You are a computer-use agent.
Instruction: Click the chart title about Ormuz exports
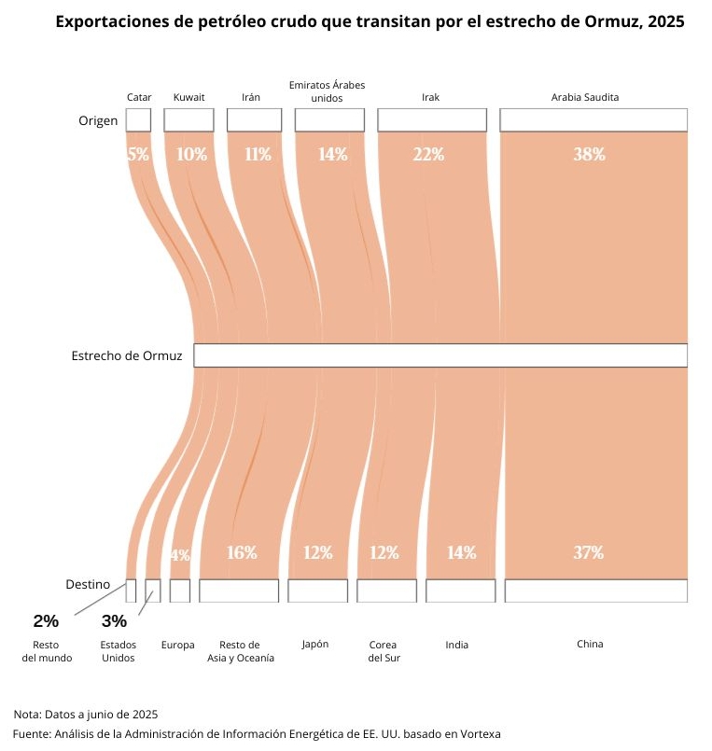[370, 21]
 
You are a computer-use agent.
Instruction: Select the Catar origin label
[139, 97]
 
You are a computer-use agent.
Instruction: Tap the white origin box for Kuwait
[188, 119]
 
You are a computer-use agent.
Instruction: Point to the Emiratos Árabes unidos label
[327, 90]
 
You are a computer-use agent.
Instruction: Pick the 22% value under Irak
[428, 155]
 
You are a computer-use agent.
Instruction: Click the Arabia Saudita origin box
[593, 119]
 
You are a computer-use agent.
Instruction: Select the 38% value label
[589, 155]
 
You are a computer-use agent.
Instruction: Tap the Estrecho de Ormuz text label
[126, 355]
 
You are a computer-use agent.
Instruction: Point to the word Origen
[98, 120]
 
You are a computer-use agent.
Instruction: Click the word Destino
[88, 584]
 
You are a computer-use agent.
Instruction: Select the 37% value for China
[588, 552]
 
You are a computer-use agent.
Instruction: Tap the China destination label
[590, 644]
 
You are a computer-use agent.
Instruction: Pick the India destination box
[461, 591]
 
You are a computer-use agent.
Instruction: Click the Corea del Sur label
[384, 650]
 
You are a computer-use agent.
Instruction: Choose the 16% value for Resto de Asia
[242, 552]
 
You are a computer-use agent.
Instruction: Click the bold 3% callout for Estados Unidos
[114, 620]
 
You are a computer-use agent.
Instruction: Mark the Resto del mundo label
[47, 650]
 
